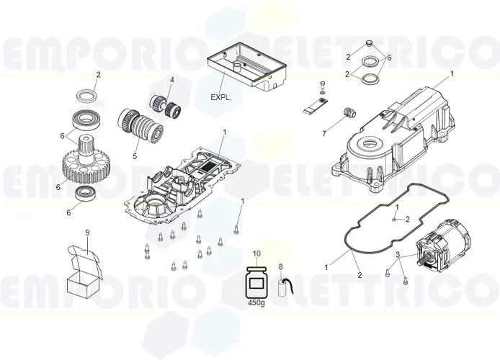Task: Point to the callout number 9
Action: tap(87, 233)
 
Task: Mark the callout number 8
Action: tap(281, 267)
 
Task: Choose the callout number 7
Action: tap(324, 133)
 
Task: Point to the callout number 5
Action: tap(134, 156)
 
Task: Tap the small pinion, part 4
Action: tap(164, 106)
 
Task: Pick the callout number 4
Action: tap(172, 79)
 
